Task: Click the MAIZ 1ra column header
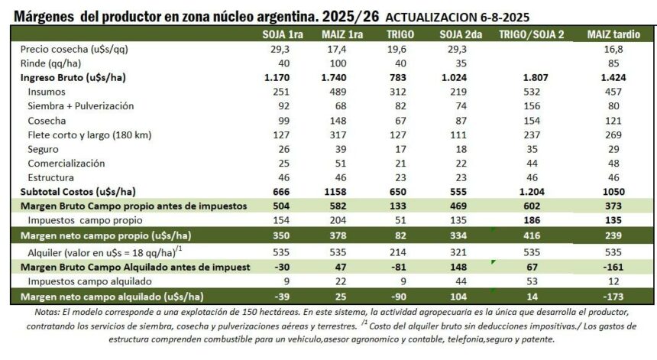[341, 34]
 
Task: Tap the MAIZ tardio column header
[613, 34]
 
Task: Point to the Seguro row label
[43, 148]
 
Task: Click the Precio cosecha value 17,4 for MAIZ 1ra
[341, 49]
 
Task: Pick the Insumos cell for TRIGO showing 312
[400, 92]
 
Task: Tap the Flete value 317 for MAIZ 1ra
[341, 135]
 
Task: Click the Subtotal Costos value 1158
[341, 191]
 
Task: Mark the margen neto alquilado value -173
[613, 296]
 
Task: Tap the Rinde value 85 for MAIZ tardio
[613, 63]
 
